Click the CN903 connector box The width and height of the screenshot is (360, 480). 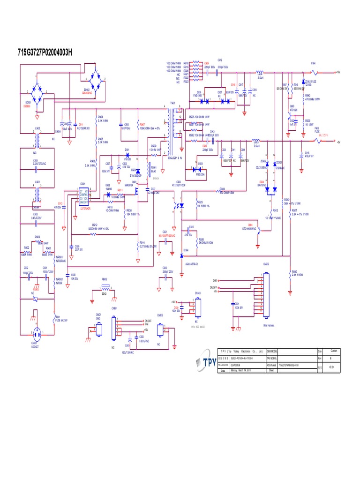tap(198, 307)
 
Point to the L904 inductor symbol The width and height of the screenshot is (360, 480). tap(259, 73)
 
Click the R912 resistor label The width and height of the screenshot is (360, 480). tap(94, 225)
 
